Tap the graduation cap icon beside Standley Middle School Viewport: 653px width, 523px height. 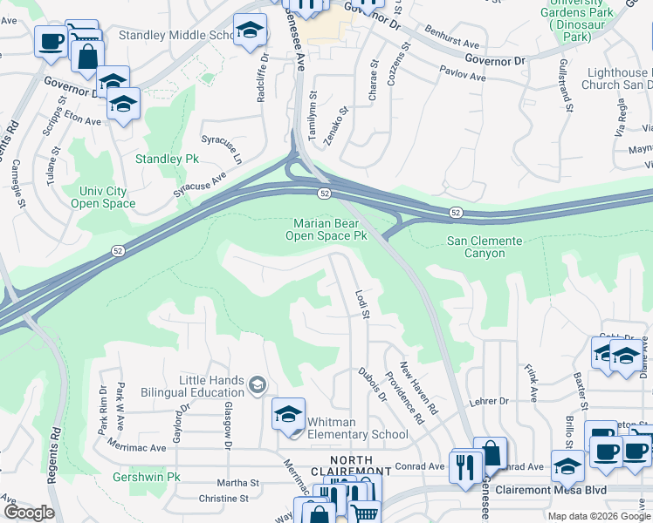tap(250, 31)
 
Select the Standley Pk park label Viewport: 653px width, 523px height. tap(168, 160)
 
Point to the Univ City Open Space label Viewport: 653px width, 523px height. tap(107, 197)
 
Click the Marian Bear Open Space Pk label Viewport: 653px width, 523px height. tap(328, 229)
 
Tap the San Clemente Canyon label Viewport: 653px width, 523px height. tap(485, 247)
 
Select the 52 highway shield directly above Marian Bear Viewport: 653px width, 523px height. tap(324, 193)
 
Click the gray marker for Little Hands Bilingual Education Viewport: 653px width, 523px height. tap(257, 384)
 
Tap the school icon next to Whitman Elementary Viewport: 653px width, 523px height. tap(288, 415)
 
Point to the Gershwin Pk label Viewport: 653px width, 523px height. tap(146, 478)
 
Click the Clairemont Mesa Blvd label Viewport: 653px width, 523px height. tap(550, 491)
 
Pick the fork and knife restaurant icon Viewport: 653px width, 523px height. tap(464, 466)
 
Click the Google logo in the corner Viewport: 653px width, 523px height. tap(28, 513)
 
